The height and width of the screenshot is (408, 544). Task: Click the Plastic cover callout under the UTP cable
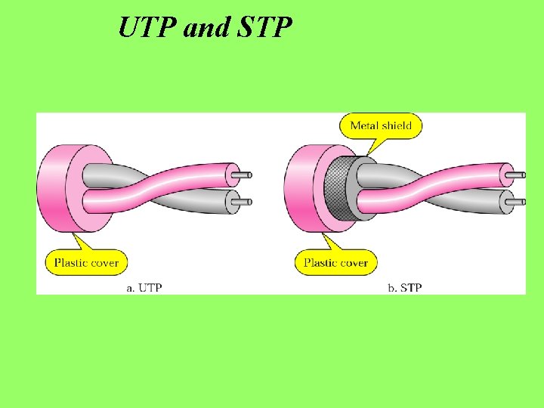tap(86, 263)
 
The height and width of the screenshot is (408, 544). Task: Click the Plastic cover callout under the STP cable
tap(335, 263)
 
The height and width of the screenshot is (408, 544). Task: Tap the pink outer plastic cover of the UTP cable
tap(51, 188)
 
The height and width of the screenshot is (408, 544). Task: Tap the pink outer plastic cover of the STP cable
tap(298, 188)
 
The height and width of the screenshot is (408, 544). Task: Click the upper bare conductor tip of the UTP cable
tap(243, 175)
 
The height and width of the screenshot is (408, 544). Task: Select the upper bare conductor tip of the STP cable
tap(516, 175)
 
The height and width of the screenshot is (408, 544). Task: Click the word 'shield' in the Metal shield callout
tap(397, 125)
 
